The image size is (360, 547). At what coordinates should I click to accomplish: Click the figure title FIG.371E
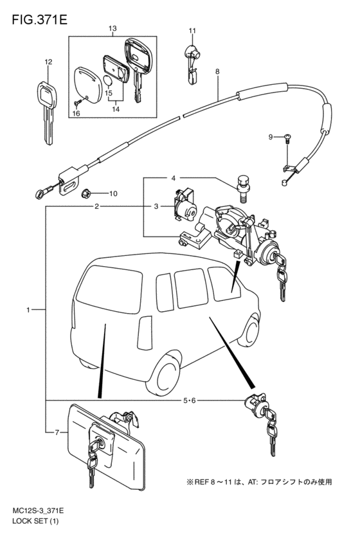coord(39,20)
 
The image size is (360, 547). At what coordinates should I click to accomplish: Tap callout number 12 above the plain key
coord(48,62)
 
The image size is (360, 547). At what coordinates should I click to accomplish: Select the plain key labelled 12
coord(47,112)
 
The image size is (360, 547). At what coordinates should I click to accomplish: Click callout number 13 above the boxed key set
coord(113,28)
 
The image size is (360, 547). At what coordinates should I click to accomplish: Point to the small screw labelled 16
coord(78,102)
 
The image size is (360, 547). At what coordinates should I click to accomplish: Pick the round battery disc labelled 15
coord(109,80)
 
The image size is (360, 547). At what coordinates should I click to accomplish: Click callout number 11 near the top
coord(192,31)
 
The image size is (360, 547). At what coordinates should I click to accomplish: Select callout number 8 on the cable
coord(217,72)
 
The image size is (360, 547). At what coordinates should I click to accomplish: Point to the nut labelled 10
coord(85,193)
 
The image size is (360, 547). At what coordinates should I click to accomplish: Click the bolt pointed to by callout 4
coord(242,188)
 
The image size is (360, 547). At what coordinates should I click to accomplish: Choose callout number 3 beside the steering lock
coord(156,206)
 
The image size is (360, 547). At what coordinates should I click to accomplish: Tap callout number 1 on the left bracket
coord(28,309)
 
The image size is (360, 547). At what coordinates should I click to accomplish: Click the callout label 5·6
coord(190,400)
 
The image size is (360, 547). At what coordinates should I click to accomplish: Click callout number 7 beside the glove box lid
coord(57,433)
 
